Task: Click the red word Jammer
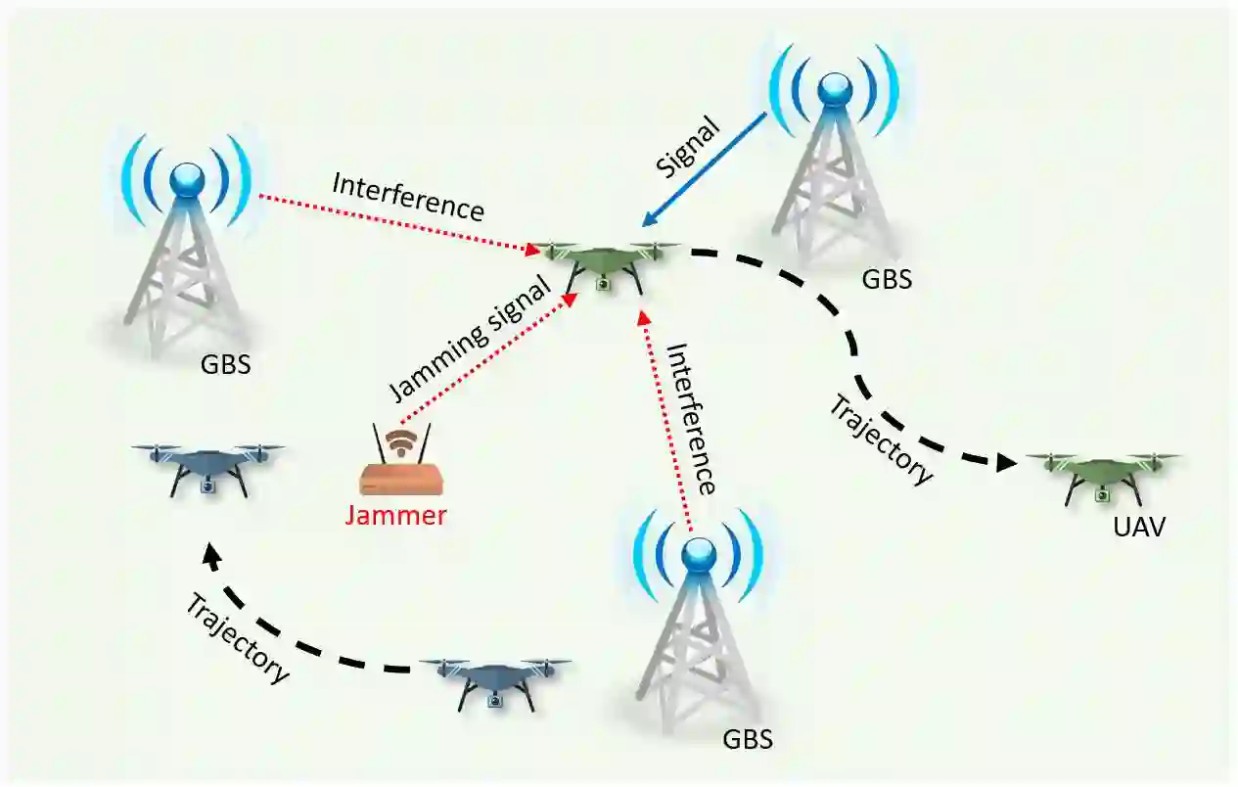(x=395, y=515)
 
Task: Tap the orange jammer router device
(x=401, y=479)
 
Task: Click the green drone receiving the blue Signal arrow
(x=604, y=261)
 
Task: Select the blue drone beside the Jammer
(x=206, y=465)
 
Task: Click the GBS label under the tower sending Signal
(x=887, y=280)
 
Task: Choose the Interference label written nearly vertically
(x=690, y=418)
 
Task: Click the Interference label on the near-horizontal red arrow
(x=408, y=196)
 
